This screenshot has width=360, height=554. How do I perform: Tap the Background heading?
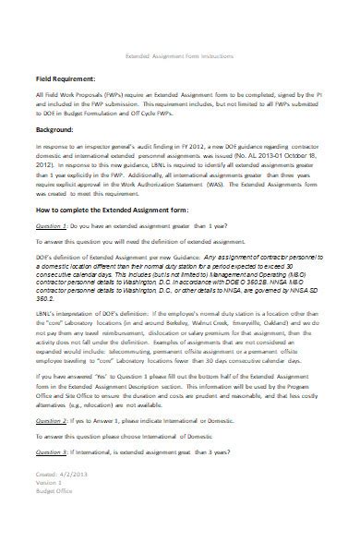pos(56,157)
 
